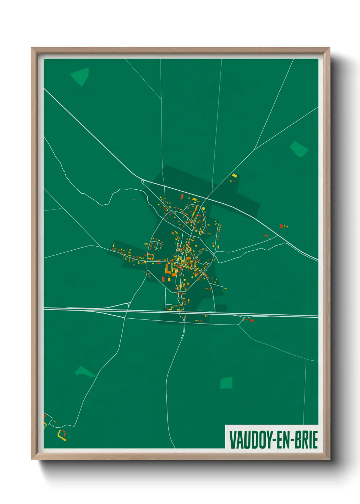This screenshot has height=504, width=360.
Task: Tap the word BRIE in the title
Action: (305, 440)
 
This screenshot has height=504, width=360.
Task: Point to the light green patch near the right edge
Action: (298, 149)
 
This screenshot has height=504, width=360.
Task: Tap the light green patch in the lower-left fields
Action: (83, 372)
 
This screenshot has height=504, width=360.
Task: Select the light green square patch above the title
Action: (226, 383)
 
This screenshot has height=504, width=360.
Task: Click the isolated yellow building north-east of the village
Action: (234, 176)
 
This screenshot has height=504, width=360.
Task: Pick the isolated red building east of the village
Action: (281, 226)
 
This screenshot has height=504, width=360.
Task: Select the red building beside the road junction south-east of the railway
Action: (252, 320)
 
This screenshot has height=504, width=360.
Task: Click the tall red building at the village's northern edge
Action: (182, 197)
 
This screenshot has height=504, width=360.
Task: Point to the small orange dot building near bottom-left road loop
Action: (45, 416)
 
